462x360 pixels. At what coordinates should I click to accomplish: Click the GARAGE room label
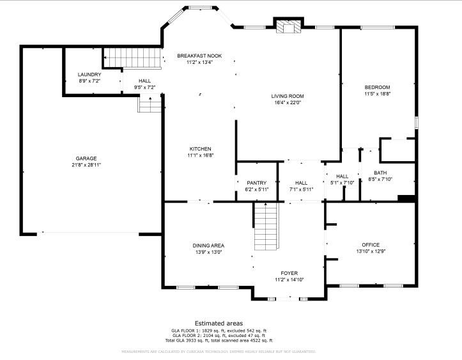(86, 159)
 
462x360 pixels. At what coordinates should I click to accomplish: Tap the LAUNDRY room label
(89, 75)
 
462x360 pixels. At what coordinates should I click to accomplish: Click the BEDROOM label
(377, 87)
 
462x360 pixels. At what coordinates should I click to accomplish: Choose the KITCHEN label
(200, 149)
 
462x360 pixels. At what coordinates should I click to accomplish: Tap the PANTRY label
(256, 183)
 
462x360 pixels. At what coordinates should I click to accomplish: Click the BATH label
(380, 173)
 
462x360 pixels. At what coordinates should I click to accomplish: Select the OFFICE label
(371, 245)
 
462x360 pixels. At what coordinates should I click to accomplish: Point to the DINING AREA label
(208, 246)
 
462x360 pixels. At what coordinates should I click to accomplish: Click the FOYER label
(289, 273)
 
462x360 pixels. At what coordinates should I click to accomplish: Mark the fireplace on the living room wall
(289, 26)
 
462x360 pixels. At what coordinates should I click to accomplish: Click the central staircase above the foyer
(266, 226)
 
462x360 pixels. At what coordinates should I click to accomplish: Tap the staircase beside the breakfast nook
(131, 57)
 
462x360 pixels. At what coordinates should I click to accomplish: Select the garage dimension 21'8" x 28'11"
(86, 165)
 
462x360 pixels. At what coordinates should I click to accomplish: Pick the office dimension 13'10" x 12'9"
(371, 251)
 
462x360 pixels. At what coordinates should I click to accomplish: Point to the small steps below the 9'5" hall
(150, 104)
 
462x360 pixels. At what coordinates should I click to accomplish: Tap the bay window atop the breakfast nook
(198, 8)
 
